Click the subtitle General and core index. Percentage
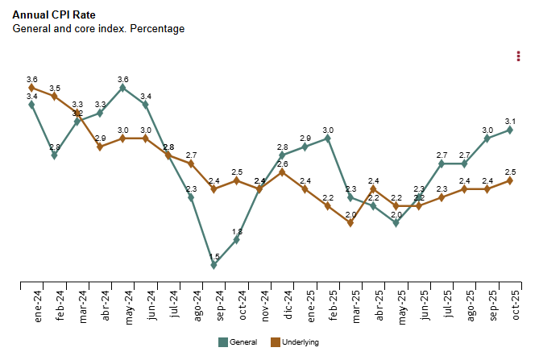[98, 28]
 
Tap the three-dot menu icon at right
[518, 56]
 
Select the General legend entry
[238, 342]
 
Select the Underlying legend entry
[295, 342]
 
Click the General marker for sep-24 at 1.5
[214, 265]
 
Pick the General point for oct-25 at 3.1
[511, 130]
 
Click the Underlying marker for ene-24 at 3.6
[31, 88]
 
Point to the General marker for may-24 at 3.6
[122, 88]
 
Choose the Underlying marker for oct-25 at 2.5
[511, 180]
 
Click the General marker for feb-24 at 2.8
[55, 155]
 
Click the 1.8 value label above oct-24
[237, 232]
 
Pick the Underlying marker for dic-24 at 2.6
[283, 172]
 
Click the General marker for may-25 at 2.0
[396, 223]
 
